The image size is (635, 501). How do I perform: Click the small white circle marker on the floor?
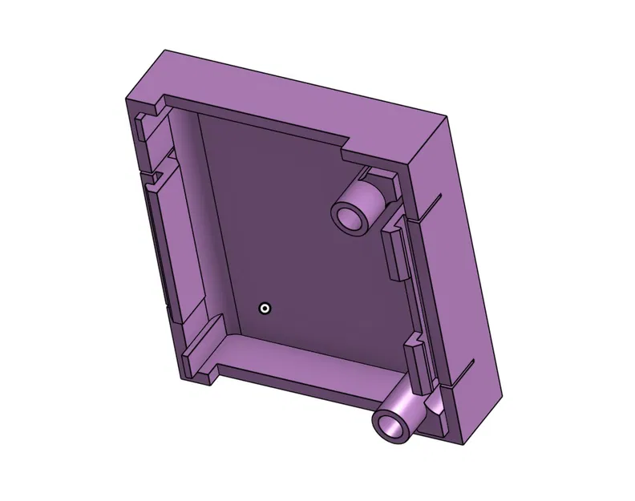[x=265, y=309]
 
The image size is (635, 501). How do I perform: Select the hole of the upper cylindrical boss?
[x=350, y=216]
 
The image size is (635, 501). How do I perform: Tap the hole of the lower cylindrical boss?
[x=393, y=424]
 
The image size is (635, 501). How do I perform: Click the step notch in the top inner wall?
[x=346, y=145]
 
